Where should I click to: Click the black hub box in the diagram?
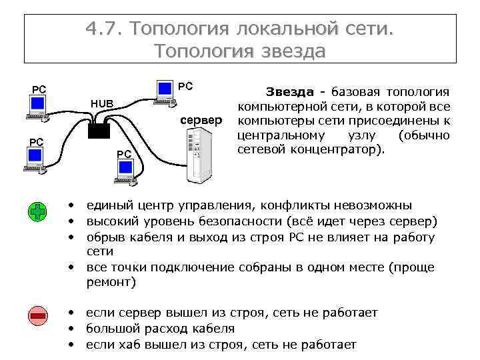pyautogui.click(x=99, y=129)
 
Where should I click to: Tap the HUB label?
pyautogui.click(x=102, y=103)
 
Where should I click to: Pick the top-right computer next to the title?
pyautogui.click(x=163, y=92)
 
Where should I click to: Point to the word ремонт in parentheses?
pyautogui.click(x=111, y=282)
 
